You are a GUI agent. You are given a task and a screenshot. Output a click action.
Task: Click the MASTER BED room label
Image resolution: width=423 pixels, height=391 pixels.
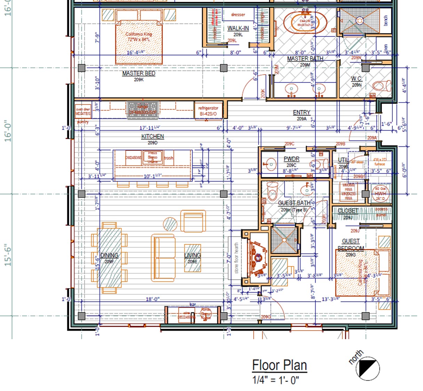[138, 73]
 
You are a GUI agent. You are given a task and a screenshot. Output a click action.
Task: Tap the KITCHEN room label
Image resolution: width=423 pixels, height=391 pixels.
[152, 137]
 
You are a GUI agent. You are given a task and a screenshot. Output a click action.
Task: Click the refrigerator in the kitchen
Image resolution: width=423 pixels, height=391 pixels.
[208, 111]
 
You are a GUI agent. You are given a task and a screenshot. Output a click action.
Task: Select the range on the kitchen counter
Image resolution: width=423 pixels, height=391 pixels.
[143, 109]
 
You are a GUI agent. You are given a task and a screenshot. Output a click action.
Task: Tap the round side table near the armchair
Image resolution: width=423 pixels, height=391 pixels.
[170, 224]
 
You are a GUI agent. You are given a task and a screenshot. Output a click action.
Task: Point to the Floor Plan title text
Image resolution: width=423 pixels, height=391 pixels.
[279, 365]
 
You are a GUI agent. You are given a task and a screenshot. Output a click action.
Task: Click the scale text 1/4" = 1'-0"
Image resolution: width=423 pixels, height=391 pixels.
[275, 380]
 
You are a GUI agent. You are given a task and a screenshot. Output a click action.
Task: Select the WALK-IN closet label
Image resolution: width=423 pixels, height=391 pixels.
[238, 28]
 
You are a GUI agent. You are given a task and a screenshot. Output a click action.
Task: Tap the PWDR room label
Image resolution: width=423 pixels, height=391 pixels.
[291, 159]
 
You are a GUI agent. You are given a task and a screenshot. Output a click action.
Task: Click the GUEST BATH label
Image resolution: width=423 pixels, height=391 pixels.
[294, 203]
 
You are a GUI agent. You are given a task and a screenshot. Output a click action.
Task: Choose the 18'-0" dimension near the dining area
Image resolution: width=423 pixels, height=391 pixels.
[152, 299]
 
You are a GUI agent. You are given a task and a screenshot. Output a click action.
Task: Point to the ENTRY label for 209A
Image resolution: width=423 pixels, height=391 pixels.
[301, 113]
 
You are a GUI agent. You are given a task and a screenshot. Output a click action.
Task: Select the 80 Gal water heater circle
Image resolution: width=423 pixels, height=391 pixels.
[380, 194]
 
